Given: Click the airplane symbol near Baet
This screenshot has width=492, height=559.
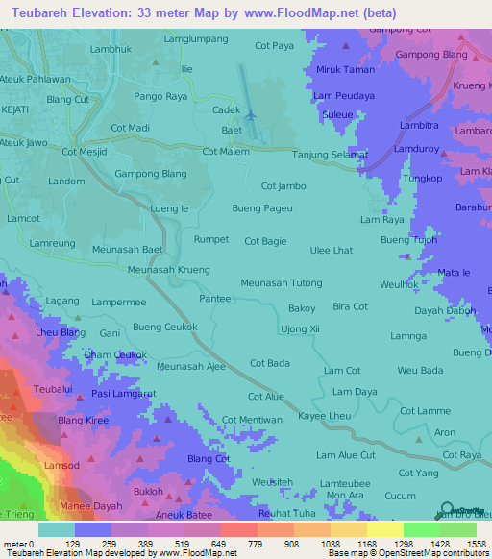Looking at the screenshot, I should (x=251, y=115).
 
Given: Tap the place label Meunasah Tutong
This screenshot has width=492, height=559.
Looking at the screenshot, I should (x=281, y=283).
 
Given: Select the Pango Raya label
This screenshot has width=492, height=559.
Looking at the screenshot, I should (x=160, y=97).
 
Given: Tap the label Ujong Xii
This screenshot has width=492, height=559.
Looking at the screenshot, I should (x=300, y=329).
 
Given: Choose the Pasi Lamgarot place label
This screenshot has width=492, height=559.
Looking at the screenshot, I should (x=124, y=394).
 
